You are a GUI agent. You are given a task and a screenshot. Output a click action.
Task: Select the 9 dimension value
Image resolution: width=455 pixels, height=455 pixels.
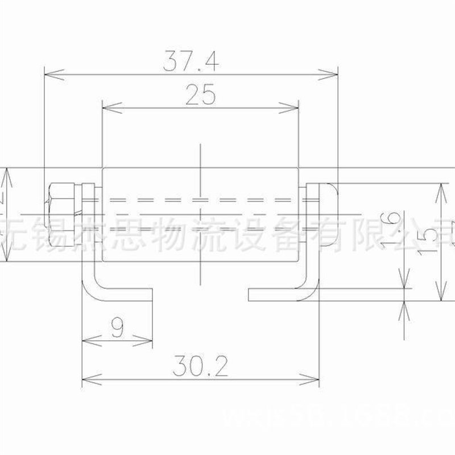pos(117,329)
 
